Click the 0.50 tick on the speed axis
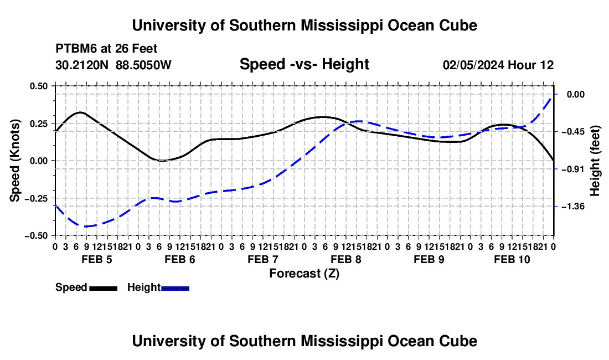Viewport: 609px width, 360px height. tap(38, 86)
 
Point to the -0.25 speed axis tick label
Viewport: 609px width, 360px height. tap(36, 198)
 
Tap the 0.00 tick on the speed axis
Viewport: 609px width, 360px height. tap(38, 161)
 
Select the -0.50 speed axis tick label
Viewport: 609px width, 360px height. tap(36, 236)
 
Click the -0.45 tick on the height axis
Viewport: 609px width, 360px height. tap(573, 132)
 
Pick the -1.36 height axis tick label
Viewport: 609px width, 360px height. tap(573, 206)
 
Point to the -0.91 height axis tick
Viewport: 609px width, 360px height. tap(573, 169)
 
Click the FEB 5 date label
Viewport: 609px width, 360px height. tap(97, 259)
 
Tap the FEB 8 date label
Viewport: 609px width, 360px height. tap(346, 259)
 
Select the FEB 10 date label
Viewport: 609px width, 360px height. tap(512, 259)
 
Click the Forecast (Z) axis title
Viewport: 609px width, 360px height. tap(304, 274)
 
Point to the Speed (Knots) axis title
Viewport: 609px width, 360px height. tap(15, 161)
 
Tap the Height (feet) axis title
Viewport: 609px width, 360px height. tap(595, 161)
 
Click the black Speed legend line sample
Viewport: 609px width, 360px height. tap(104, 288)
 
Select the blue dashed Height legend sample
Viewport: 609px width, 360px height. tap(175, 288)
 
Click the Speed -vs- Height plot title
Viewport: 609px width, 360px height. tap(304, 64)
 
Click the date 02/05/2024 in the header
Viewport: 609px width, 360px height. tap(473, 65)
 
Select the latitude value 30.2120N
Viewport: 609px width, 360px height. tap(82, 65)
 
